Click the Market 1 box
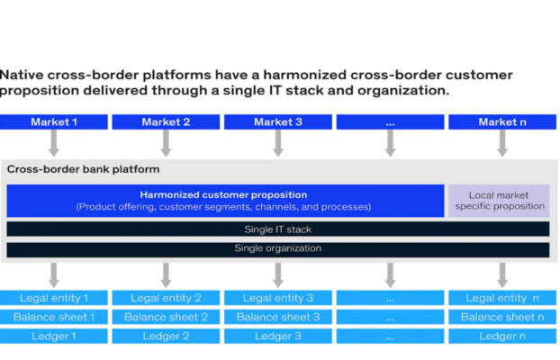click(54, 122)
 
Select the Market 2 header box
click(166, 122)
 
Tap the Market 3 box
click(278, 122)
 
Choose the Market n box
click(502, 122)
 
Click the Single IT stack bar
click(278, 229)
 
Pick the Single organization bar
click(278, 249)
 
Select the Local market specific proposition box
click(499, 201)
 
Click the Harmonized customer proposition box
click(225, 201)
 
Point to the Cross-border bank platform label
click(83, 169)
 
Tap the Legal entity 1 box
click(54, 298)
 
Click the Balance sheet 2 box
click(166, 317)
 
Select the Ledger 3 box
click(278, 336)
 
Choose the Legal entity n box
click(502, 298)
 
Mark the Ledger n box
click(502, 336)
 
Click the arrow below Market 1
click(54, 143)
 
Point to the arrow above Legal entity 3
click(278, 275)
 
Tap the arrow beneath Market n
click(502, 143)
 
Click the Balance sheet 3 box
click(278, 317)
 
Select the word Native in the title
click(21, 75)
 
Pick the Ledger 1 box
click(54, 336)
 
